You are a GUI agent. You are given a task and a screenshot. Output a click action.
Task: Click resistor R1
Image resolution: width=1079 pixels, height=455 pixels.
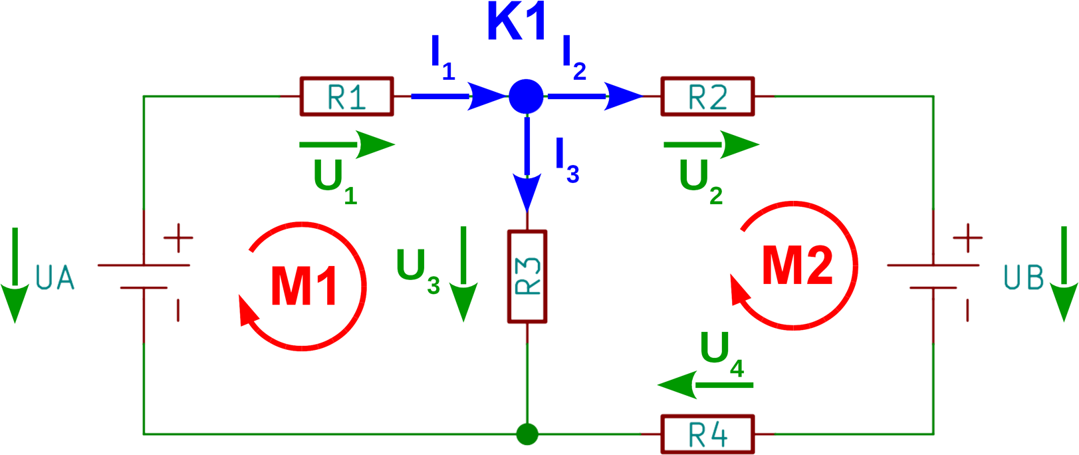click(x=346, y=96)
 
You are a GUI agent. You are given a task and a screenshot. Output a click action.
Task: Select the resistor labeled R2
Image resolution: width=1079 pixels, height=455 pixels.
click(x=707, y=96)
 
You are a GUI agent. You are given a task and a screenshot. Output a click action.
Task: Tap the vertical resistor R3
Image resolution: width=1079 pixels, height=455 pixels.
click(x=527, y=277)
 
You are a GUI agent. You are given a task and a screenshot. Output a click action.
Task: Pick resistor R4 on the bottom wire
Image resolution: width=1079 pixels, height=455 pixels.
click(x=707, y=434)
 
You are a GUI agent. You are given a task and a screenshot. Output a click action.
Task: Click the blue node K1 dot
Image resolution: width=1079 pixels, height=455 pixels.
click(x=527, y=96)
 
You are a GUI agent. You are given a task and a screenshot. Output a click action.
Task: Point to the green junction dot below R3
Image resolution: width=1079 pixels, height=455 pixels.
click(x=527, y=434)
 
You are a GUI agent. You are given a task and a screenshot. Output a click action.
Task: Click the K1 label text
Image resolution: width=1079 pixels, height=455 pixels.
click(x=517, y=23)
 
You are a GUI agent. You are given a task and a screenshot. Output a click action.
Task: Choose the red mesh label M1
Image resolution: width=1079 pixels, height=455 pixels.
click(x=304, y=287)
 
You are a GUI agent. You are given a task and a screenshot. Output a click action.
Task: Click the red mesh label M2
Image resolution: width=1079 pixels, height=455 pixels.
click(x=796, y=265)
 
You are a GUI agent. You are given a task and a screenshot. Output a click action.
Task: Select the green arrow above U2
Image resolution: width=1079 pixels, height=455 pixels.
click(x=711, y=144)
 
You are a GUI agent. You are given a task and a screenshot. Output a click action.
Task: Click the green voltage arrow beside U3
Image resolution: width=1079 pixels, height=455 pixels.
click(x=463, y=274)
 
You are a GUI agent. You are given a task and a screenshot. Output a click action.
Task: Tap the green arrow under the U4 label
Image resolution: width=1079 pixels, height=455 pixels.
click(x=705, y=385)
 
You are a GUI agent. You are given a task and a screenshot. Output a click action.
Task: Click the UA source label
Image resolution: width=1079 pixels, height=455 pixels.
click(x=55, y=277)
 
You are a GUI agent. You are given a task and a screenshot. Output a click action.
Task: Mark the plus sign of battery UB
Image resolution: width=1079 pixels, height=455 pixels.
click(x=967, y=236)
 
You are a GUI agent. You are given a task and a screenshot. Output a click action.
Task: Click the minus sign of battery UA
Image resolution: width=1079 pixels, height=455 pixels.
click(x=178, y=310)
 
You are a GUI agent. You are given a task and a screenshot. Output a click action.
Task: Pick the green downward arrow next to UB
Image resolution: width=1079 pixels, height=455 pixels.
click(x=1063, y=274)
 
